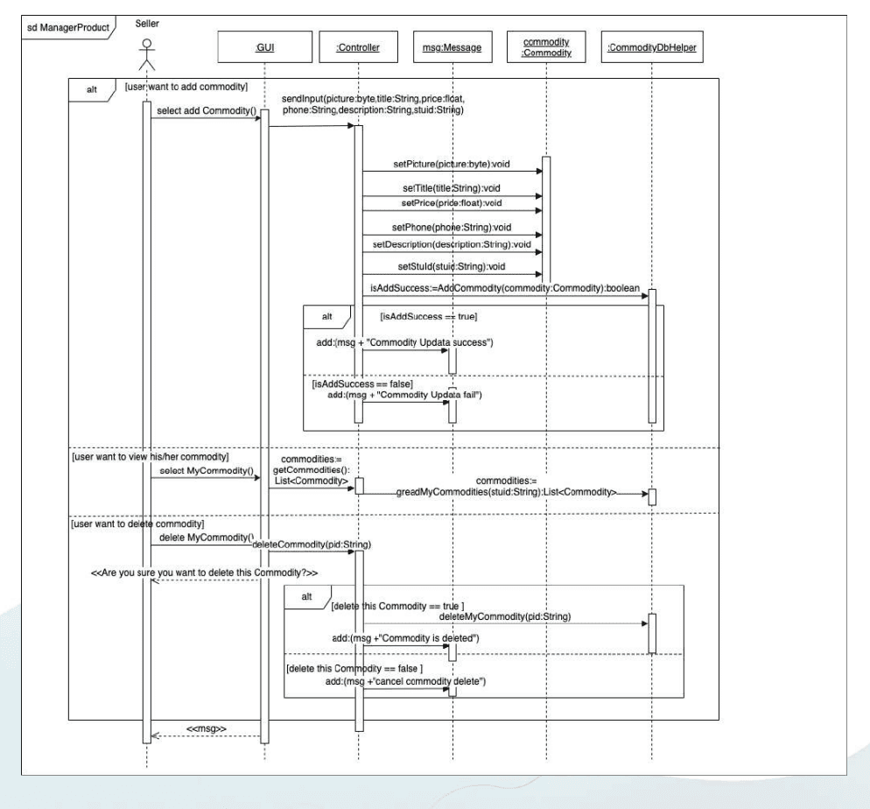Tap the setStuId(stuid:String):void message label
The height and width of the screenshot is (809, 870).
point(446,266)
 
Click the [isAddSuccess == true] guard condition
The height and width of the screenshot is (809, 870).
point(428,314)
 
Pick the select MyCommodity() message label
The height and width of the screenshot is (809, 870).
point(206,471)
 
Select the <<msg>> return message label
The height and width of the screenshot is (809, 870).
point(205,728)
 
